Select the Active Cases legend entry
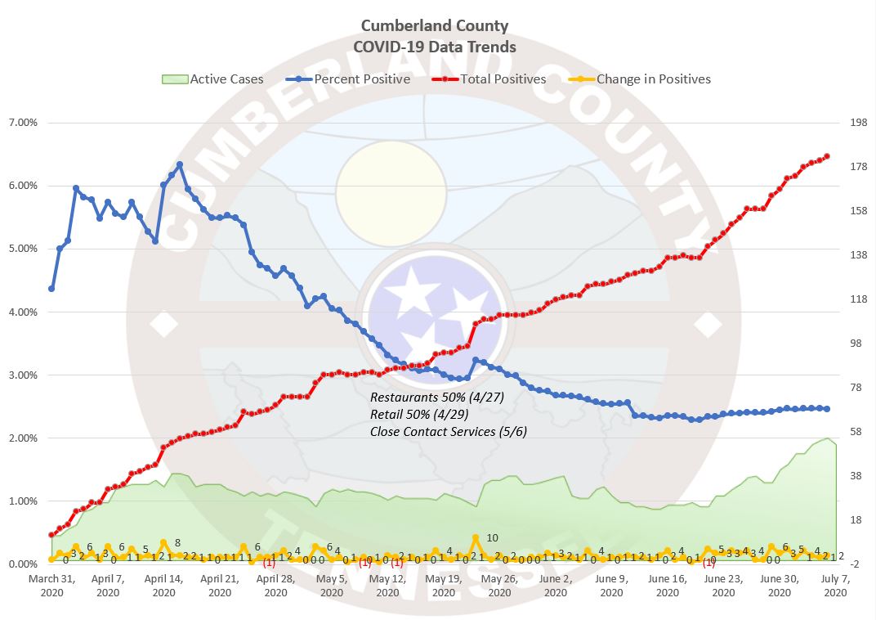213,79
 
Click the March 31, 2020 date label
51,586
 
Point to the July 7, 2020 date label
835,586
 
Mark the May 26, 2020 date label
499,586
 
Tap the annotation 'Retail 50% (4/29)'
419,414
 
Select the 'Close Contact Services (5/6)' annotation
449,431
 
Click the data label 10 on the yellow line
492,537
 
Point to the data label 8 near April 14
177,542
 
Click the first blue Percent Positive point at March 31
51,289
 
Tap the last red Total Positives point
827,156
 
